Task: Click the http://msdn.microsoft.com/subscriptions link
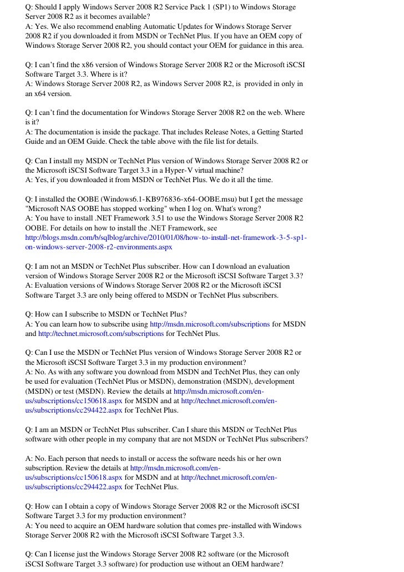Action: click(210, 324)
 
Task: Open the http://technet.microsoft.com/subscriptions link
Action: click(100, 334)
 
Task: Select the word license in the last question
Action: click(67, 554)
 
